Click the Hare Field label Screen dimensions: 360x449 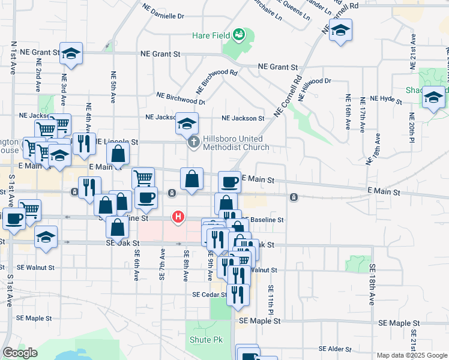click(211, 36)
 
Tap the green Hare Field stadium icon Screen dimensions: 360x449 click(240, 35)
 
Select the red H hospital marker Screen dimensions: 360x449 click(178, 217)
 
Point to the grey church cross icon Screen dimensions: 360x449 click(193, 143)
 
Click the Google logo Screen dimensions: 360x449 click(20, 353)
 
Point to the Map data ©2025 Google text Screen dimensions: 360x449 click(412, 355)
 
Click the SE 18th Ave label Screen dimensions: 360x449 click(373, 284)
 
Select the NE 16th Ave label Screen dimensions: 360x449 click(348, 112)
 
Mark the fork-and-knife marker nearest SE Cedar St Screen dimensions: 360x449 click(238, 295)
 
